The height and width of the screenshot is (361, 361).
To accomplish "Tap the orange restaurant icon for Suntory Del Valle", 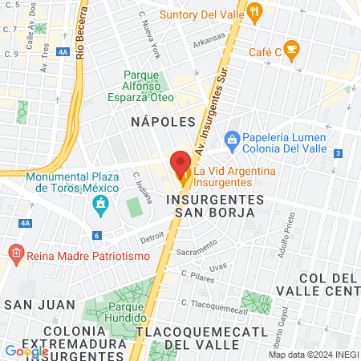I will click(x=255, y=11).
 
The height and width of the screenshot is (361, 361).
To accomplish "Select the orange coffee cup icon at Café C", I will click(x=291, y=49).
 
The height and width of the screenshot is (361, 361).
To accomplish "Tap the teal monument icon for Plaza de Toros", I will click(x=101, y=205).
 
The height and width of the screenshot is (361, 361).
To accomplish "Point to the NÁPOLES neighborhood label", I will click(x=163, y=121).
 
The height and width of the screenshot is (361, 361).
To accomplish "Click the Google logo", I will click(x=26, y=351).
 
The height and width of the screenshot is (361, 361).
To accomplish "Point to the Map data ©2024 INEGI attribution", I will click(x=312, y=355).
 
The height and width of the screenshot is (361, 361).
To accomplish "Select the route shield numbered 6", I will click(x=96, y=235).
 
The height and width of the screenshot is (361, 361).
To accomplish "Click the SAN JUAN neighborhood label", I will click(x=39, y=305).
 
